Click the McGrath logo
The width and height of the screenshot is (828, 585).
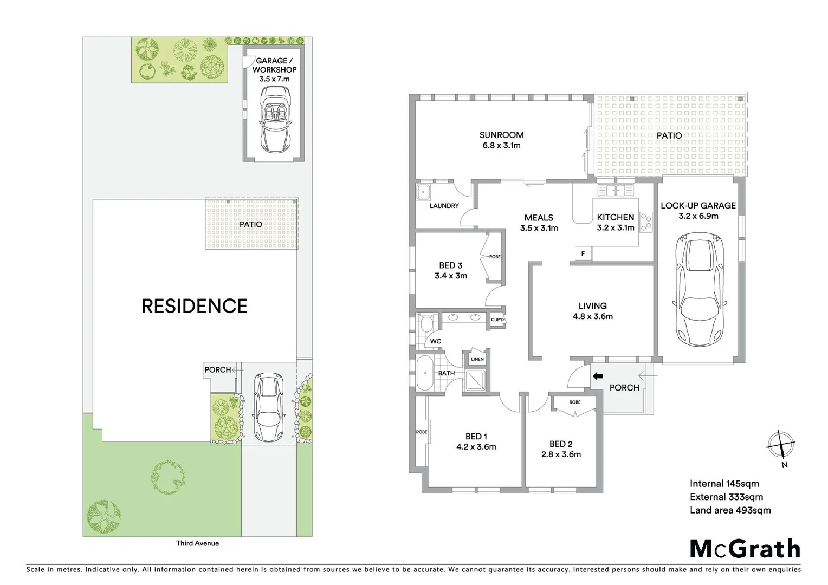(x=745, y=549)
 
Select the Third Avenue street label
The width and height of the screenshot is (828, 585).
(x=197, y=543)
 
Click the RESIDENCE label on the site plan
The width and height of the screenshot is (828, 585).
(x=194, y=306)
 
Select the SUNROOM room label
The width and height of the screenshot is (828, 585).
(x=501, y=135)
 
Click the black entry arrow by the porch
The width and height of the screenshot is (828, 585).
(x=597, y=376)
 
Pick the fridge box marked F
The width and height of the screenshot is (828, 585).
(x=583, y=253)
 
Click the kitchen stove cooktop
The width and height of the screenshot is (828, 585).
(x=646, y=222)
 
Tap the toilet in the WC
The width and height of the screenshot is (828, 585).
(x=426, y=323)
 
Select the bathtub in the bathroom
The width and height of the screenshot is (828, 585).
(x=424, y=373)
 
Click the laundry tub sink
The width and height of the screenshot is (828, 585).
(x=423, y=192)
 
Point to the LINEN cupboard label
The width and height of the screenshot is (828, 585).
(x=477, y=359)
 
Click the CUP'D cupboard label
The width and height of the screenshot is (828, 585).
(x=497, y=320)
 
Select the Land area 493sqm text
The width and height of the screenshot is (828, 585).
(x=730, y=510)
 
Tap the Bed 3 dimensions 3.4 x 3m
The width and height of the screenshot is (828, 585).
(x=450, y=276)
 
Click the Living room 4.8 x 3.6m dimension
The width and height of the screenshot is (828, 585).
(x=592, y=316)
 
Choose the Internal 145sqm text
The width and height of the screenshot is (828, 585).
(x=724, y=484)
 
